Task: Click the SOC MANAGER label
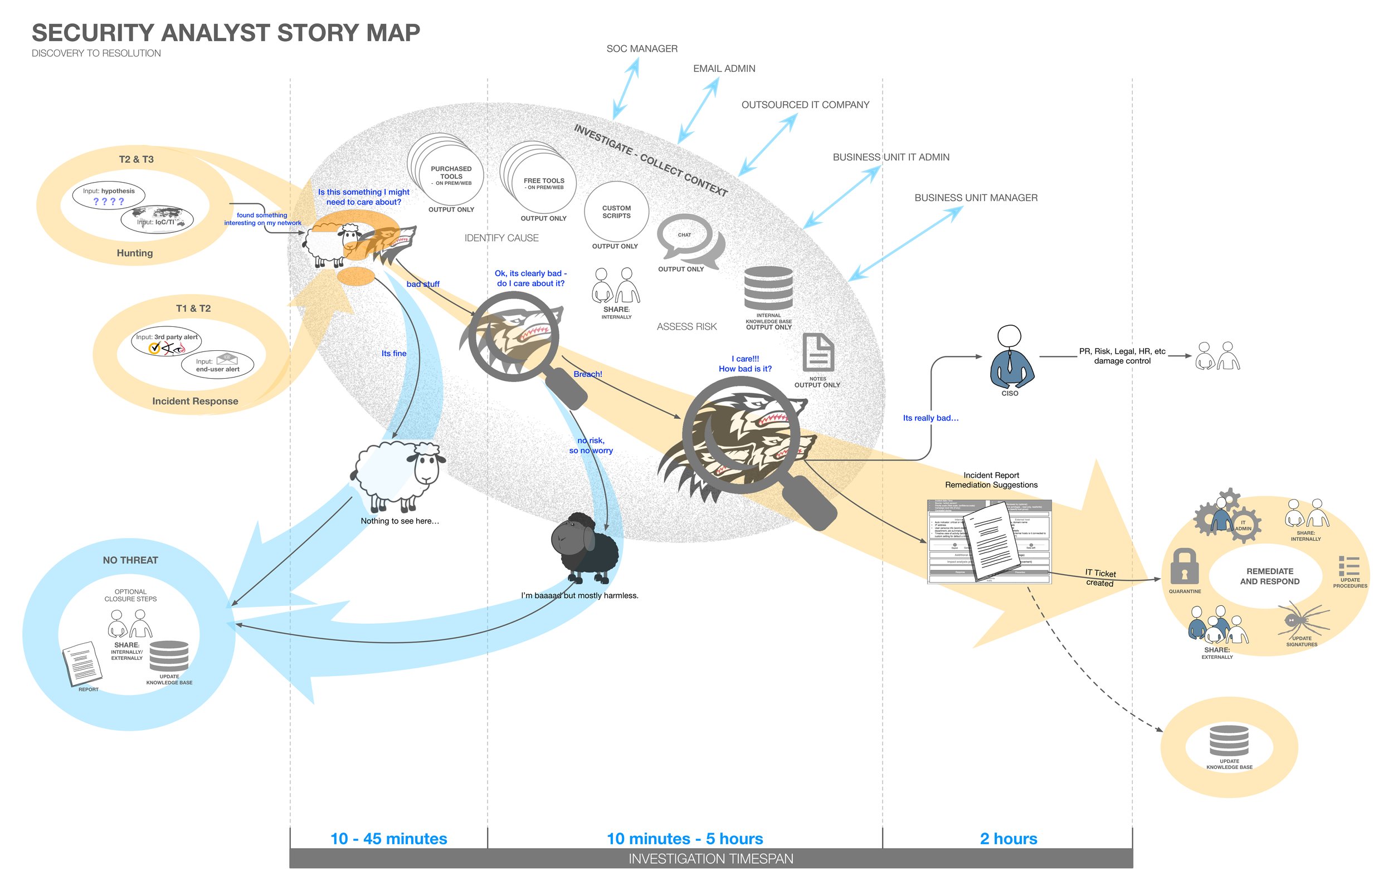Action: pyautogui.click(x=641, y=48)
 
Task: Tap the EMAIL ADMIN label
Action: pyautogui.click(x=724, y=68)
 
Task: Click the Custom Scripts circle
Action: pyautogui.click(x=616, y=212)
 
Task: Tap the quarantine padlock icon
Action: pyautogui.click(x=1184, y=566)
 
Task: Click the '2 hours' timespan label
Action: pyautogui.click(x=1009, y=839)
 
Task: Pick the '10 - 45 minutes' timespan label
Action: pyautogui.click(x=389, y=839)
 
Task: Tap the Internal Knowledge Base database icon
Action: pyautogui.click(x=768, y=287)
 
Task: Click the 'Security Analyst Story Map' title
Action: pyautogui.click(x=226, y=33)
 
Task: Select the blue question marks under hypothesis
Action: pyautogui.click(x=109, y=202)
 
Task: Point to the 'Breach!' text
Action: pyautogui.click(x=588, y=374)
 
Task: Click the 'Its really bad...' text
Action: pyautogui.click(x=930, y=418)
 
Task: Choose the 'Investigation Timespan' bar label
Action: pyautogui.click(x=710, y=859)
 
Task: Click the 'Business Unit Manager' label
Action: pyautogui.click(x=975, y=198)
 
